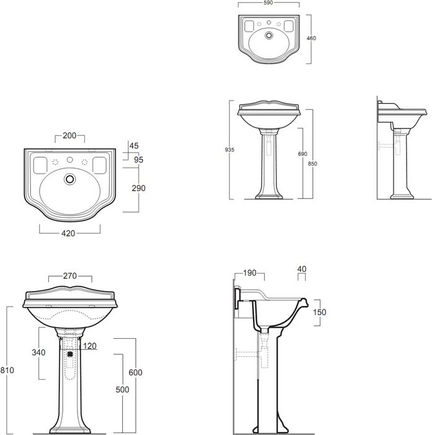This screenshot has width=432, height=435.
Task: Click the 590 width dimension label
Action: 268,2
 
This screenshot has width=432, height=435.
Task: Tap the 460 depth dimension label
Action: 311,38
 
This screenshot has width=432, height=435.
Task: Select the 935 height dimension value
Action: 229,150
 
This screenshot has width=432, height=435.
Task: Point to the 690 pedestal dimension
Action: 302,154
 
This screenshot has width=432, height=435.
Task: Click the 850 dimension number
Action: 312,164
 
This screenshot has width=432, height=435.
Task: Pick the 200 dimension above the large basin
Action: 69,135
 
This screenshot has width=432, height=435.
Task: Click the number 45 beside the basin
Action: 134,146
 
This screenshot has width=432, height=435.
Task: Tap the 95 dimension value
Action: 139,160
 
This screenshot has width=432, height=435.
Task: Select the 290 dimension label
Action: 139,188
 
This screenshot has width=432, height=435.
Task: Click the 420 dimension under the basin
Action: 68,233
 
